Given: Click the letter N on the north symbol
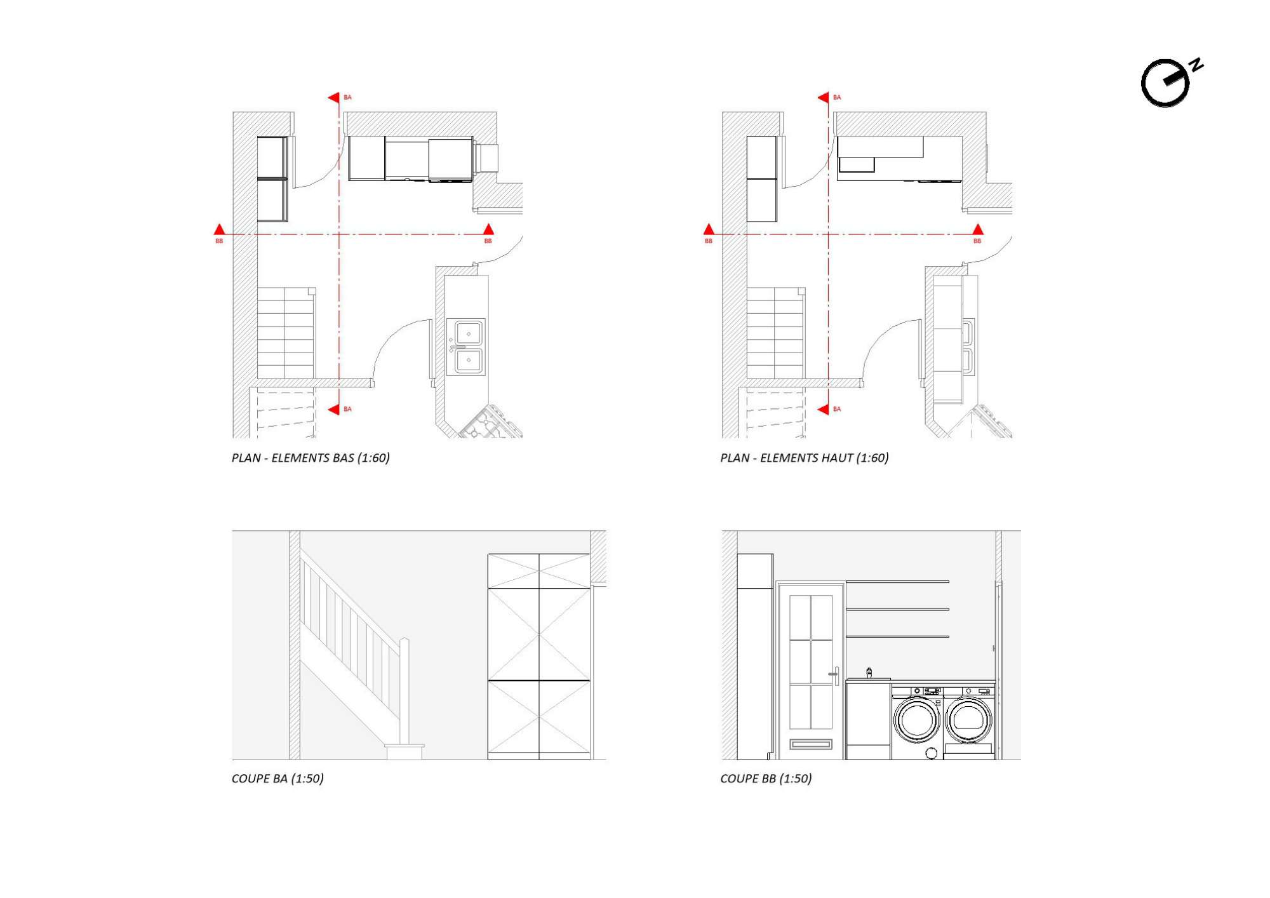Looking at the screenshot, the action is point(1196,65).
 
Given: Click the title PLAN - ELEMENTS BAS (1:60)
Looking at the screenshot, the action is point(311,458).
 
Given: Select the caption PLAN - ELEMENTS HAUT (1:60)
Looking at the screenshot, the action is point(805,458).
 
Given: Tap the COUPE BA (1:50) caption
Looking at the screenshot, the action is point(277,779).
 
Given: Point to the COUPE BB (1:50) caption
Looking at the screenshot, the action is point(766,779).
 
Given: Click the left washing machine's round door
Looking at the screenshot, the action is point(917,720).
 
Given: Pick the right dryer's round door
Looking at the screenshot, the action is point(968,720).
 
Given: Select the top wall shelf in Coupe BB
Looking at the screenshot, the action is point(897,582).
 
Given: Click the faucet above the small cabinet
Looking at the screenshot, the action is point(869,673).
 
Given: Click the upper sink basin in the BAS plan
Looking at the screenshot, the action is point(469,333).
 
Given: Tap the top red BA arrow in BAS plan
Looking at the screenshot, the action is point(333,97).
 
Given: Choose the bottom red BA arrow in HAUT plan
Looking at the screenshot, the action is point(823,410).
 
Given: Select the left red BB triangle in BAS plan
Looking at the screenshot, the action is point(219,229).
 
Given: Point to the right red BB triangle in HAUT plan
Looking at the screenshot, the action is point(978,229).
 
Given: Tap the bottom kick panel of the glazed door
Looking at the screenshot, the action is point(811,744).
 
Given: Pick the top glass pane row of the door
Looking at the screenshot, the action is point(811,617).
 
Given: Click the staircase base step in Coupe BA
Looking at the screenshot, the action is point(404,752).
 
